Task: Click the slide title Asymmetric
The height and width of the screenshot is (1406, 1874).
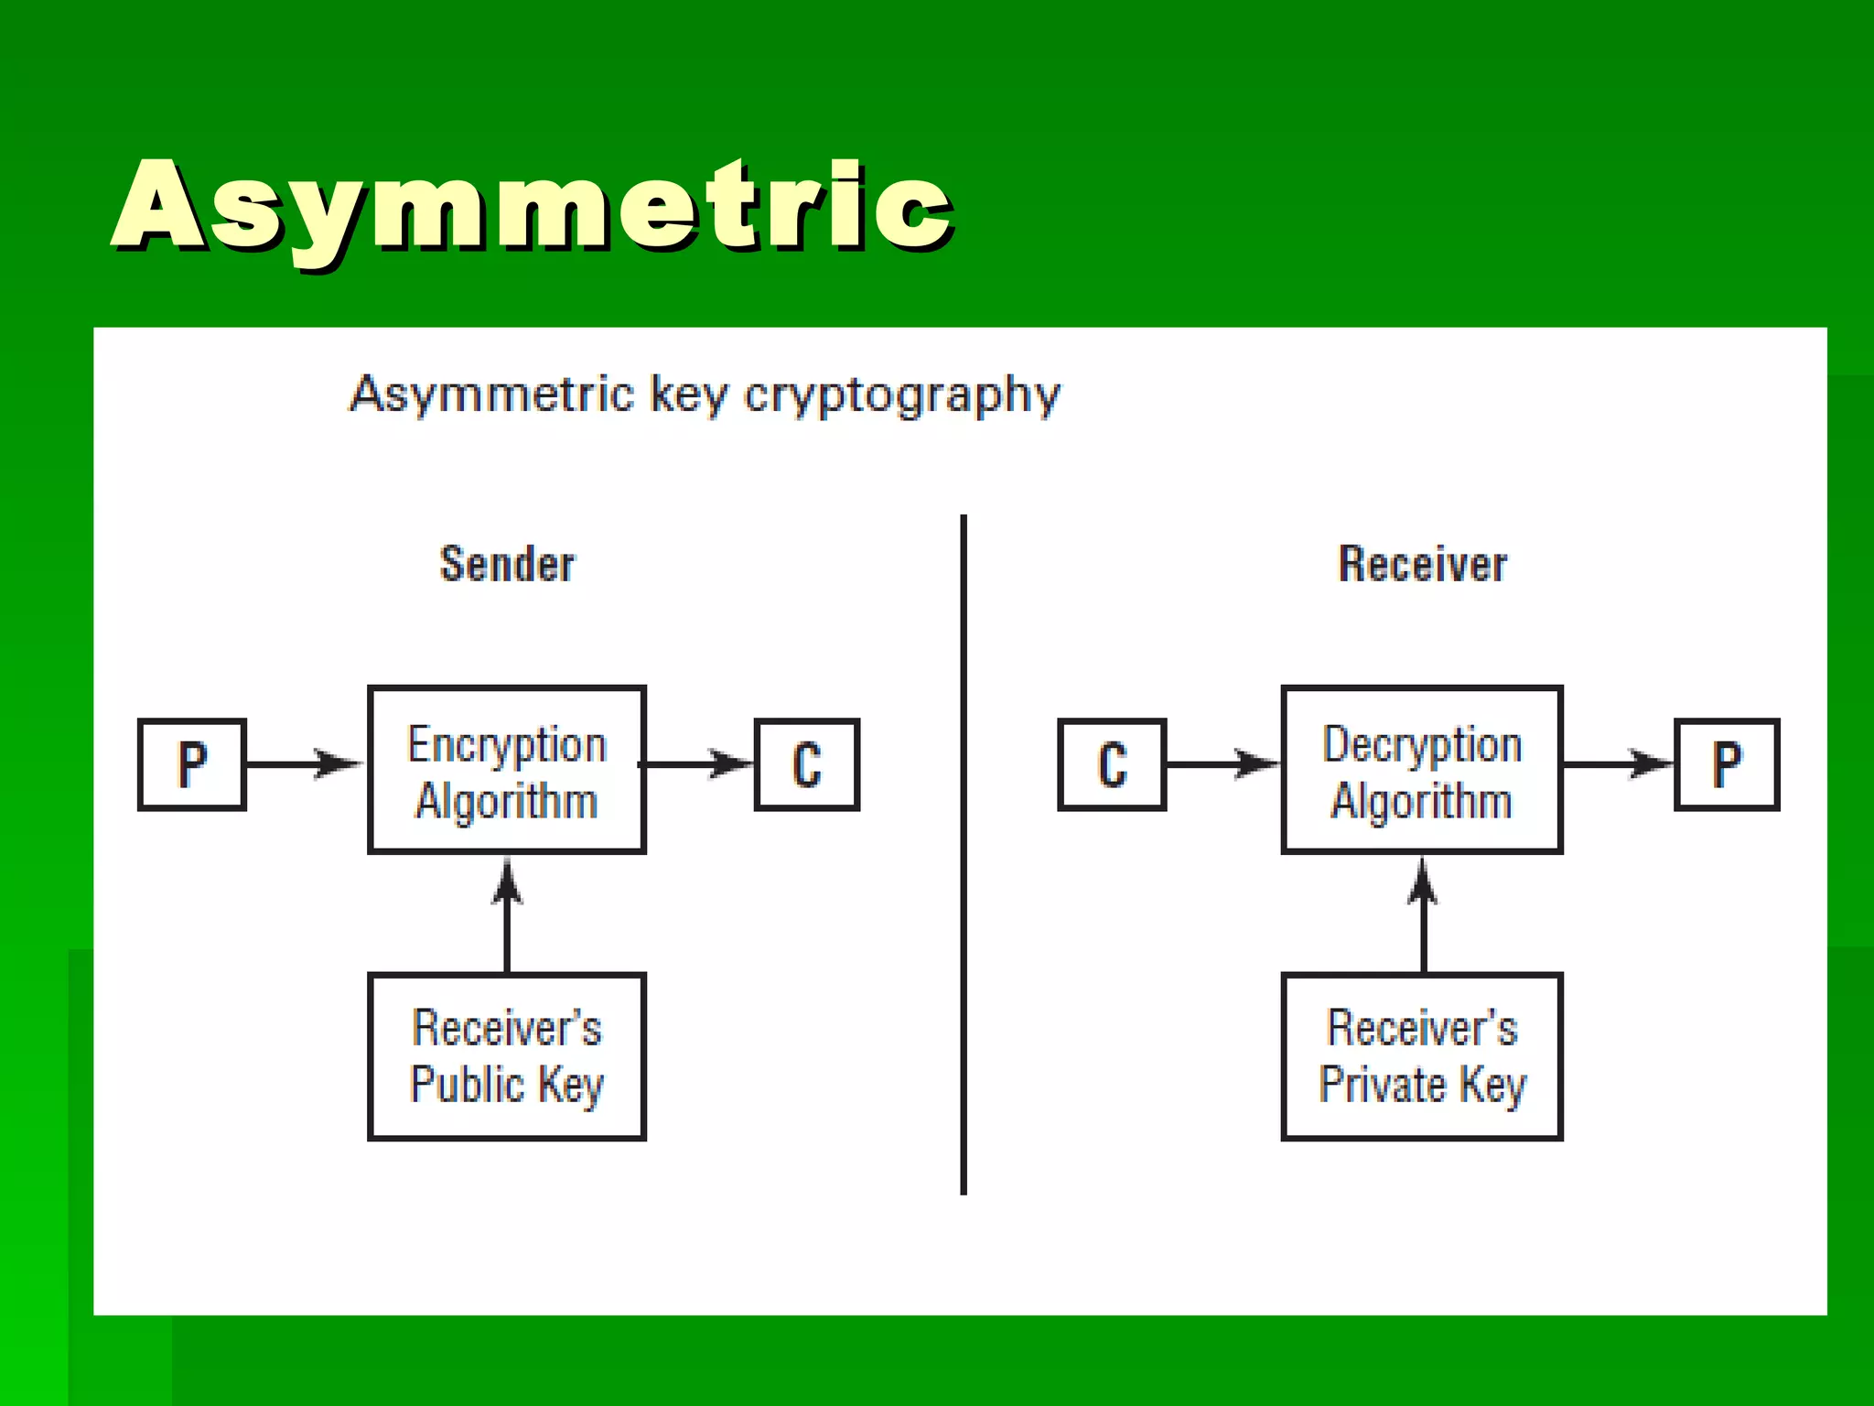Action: [x=533, y=206]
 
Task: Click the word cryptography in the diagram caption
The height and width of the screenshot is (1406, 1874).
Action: [x=901, y=395]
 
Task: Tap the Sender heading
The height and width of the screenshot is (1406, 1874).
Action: [x=507, y=564]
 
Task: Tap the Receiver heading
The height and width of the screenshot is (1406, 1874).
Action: [x=1422, y=564]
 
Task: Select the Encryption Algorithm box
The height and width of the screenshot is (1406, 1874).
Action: [x=507, y=770]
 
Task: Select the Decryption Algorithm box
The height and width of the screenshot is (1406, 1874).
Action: [x=1422, y=770]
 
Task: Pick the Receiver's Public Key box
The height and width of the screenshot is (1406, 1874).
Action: [x=507, y=1056]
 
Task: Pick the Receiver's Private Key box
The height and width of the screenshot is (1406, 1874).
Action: [x=1422, y=1056]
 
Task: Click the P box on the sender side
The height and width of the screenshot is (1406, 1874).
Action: [x=192, y=764]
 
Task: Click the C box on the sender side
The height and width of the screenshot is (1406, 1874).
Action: [x=807, y=764]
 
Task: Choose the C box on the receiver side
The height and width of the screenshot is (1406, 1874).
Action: [x=1112, y=764]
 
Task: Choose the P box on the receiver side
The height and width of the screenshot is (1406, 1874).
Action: [x=1727, y=764]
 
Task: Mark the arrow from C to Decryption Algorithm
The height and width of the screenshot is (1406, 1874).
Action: [x=1222, y=763]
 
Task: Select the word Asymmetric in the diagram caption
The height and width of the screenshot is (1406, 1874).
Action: [x=492, y=395]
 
